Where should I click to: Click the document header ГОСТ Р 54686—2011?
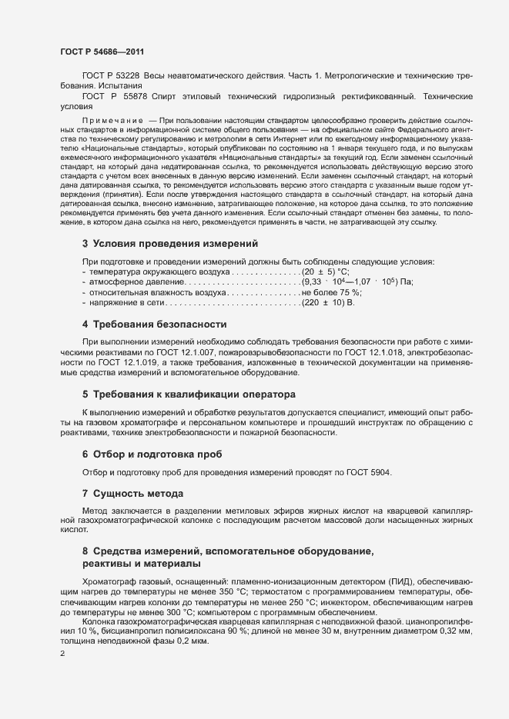click(101, 51)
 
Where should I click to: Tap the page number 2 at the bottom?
click(62, 654)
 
